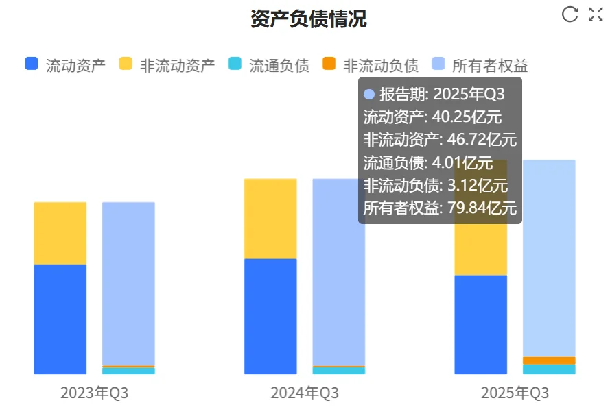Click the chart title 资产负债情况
point(308,19)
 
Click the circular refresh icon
point(570,14)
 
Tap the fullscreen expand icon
point(596,14)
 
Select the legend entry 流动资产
point(65,65)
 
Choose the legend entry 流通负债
point(269,65)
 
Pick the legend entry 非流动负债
point(371,65)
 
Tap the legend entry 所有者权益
point(480,65)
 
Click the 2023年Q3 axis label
point(94,393)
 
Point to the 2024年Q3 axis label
point(305,393)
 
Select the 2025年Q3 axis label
point(515,393)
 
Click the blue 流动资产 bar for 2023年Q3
point(60,319)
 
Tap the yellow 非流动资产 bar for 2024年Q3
point(270,218)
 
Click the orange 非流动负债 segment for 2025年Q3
point(549,360)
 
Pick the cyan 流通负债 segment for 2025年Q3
point(549,369)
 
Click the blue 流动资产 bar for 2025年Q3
point(480,324)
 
